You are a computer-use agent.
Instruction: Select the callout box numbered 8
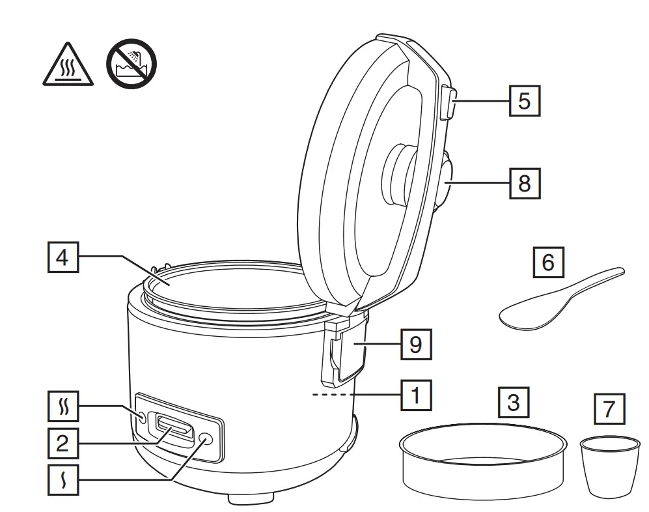[x=524, y=184]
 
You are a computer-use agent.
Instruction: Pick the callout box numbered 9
[x=415, y=344]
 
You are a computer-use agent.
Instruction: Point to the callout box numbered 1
[x=415, y=394]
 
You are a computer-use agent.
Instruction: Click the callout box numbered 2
[x=62, y=444]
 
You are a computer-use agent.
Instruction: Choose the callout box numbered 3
[x=514, y=403]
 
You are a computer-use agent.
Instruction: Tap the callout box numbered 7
[x=609, y=410]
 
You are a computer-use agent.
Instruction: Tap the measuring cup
[x=609, y=465]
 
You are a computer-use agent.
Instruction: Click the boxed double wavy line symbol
[x=63, y=410]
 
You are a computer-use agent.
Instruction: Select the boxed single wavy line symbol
[x=63, y=482]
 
